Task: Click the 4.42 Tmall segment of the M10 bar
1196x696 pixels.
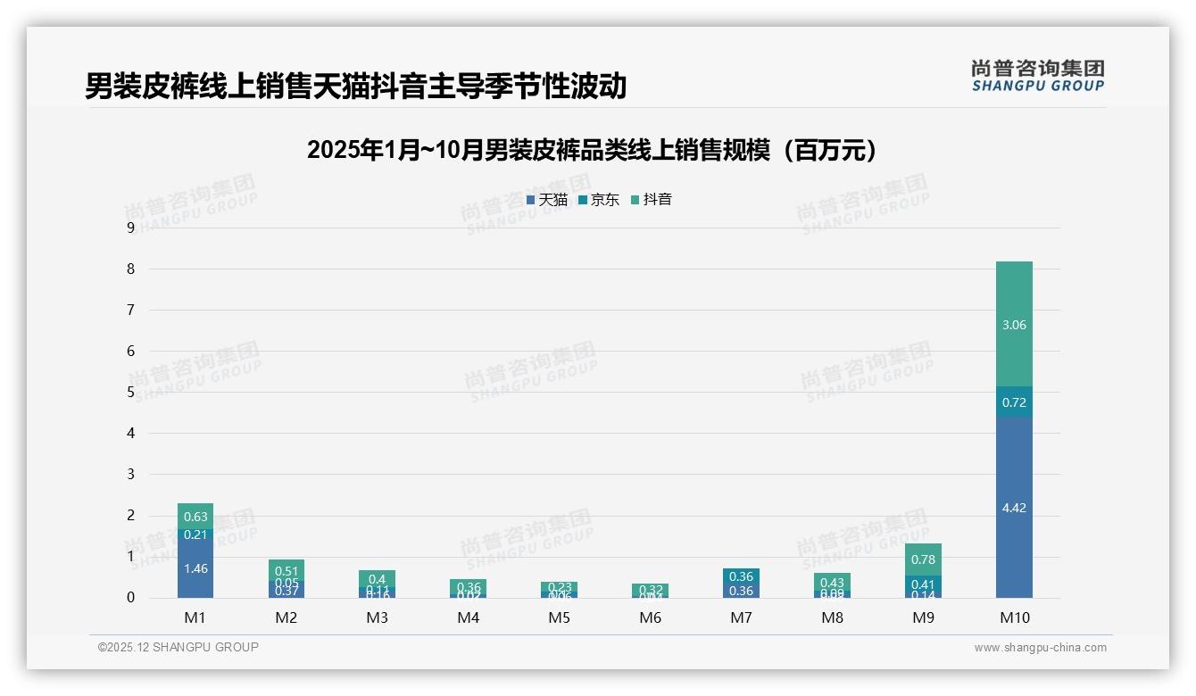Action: click(1014, 507)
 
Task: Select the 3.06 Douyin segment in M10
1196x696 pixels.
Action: click(1014, 325)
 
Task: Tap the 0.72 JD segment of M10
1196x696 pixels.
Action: click(1014, 402)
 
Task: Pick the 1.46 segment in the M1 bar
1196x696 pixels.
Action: click(195, 568)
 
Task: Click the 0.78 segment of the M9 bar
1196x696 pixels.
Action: click(923, 559)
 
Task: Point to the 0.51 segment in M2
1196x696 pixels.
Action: click(287, 571)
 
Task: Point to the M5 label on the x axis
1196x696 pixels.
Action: click(560, 617)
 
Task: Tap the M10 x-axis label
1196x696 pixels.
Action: click(1014, 617)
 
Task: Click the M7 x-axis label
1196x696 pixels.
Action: click(741, 617)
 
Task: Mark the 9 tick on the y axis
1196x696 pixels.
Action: click(131, 228)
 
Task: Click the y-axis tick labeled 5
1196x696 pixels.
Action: click(131, 392)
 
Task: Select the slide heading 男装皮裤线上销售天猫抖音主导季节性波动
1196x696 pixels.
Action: click(355, 86)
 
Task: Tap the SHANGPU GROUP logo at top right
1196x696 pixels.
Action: click(1037, 76)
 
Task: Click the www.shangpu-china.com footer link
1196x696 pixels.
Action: click(1040, 648)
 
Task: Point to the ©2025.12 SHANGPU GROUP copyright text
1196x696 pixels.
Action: click(179, 648)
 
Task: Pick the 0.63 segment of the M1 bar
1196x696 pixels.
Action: click(195, 517)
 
